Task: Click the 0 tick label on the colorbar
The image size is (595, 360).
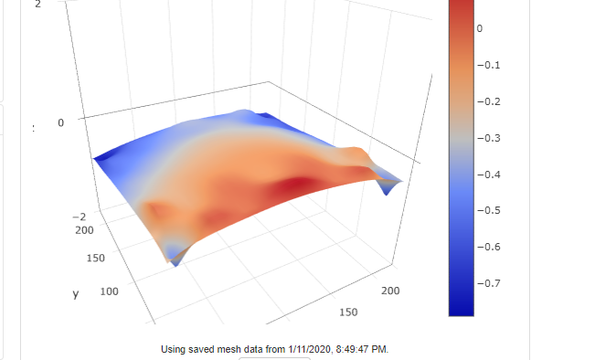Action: (479, 29)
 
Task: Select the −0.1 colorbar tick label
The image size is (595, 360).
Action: (489, 65)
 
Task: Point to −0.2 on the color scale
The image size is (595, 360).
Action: (489, 101)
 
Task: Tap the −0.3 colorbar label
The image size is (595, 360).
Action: (489, 138)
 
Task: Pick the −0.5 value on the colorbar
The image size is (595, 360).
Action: (489, 210)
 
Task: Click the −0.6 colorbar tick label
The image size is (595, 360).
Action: (489, 247)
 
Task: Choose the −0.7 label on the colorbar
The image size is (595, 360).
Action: (489, 283)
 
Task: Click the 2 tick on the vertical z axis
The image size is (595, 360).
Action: (37, 5)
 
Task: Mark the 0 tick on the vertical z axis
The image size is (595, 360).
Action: (60, 122)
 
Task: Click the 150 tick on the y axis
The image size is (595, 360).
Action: (95, 259)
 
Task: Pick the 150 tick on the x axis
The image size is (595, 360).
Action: (348, 312)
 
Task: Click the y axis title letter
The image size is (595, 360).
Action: (77, 294)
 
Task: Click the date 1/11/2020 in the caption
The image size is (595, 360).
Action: (313, 349)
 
